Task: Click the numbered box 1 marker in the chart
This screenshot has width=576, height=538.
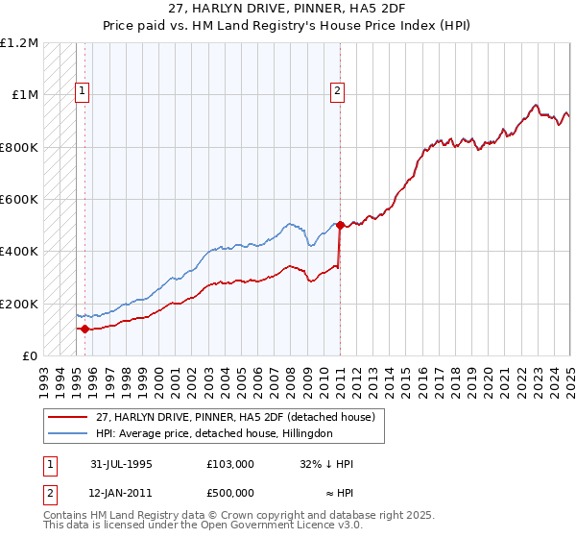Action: tap(83, 92)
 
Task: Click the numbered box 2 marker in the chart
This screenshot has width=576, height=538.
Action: tap(338, 92)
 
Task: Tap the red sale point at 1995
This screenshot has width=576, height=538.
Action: tap(84, 329)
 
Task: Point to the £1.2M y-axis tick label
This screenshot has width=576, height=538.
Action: tap(19, 43)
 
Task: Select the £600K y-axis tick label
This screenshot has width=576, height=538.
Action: tap(19, 200)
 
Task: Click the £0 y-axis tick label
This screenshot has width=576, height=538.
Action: tap(30, 355)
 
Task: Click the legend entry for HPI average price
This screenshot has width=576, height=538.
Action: tap(213, 433)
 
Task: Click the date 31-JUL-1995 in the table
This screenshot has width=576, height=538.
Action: tap(121, 463)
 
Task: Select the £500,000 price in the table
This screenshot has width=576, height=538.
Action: tap(230, 493)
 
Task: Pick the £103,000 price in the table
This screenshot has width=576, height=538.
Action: tap(230, 463)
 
